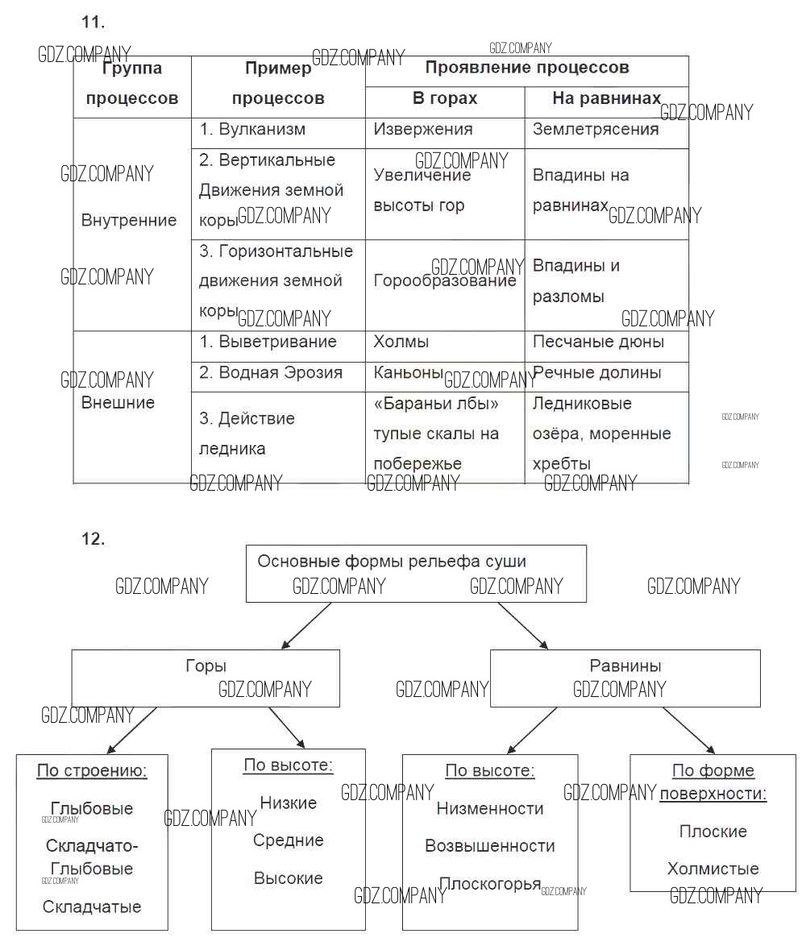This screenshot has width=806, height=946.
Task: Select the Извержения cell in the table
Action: (423, 130)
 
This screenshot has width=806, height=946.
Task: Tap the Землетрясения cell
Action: (596, 130)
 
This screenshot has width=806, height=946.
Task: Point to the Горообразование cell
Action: (445, 281)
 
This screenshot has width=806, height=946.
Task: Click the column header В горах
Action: (445, 98)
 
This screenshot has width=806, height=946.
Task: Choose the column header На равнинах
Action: (606, 98)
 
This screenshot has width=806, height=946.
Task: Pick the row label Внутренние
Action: (129, 220)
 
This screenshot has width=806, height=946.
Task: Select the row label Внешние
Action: (118, 403)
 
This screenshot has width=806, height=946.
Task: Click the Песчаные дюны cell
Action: (598, 342)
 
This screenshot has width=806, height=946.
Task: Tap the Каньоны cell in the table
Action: (409, 372)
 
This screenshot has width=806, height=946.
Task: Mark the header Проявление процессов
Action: (527, 68)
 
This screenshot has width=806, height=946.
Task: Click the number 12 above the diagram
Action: (93, 539)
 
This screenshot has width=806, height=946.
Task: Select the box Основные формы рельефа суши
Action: (416, 573)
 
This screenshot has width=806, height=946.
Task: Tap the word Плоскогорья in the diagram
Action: (490, 883)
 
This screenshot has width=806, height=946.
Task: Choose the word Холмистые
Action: (713, 869)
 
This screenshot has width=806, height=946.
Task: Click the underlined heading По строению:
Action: (92, 771)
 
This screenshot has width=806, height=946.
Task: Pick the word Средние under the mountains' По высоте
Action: (288, 840)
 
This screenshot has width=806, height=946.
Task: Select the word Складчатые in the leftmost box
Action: (92, 907)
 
